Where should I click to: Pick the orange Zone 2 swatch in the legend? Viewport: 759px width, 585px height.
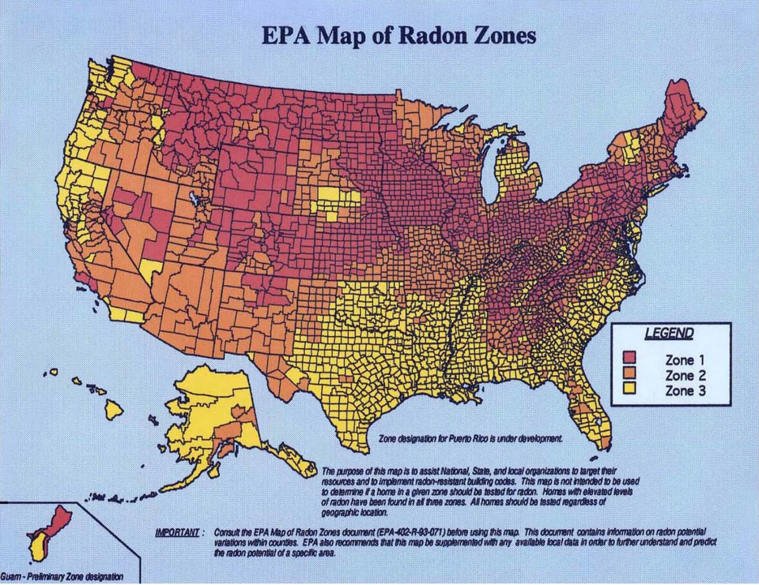630,374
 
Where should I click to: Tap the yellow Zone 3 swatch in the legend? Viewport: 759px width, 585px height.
630,389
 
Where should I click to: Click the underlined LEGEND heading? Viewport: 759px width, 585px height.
669,334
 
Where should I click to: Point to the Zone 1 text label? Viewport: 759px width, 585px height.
680,359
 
